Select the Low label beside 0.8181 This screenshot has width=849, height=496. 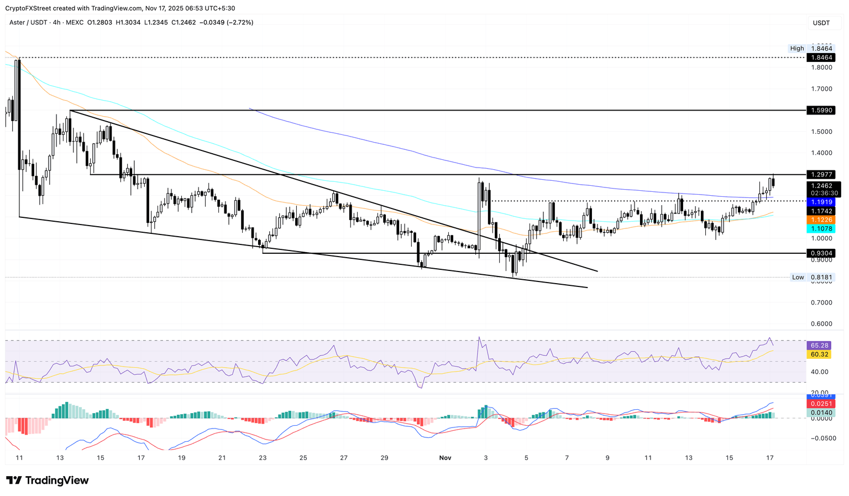tap(798, 278)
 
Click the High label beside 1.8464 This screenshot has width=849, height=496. tap(797, 49)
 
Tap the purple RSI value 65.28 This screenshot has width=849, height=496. tap(818, 346)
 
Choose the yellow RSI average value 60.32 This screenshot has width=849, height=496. tap(818, 354)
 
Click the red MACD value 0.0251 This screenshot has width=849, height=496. tap(819, 404)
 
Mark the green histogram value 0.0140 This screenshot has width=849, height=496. tap(819, 413)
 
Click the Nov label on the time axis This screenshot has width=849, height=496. tap(445, 458)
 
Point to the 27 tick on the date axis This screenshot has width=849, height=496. tap(344, 458)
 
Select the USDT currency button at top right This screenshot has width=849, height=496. tap(821, 23)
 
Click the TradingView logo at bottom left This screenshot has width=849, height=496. tap(48, 481)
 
